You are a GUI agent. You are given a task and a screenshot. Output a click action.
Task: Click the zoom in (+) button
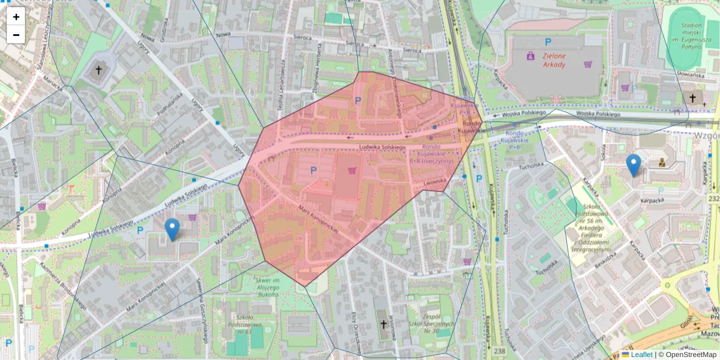click(x=16, y=17)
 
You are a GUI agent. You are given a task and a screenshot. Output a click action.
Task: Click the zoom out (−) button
click(x=16, y=34)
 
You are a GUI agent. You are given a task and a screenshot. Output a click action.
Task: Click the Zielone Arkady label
click(x=554, y=59)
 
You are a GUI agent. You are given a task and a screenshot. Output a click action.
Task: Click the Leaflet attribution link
click(x=641, y=355)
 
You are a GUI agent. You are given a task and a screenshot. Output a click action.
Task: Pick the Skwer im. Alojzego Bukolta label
click(x=268, y=287)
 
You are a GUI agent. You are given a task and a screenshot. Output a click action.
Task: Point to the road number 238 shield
click(x=499, y=350)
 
